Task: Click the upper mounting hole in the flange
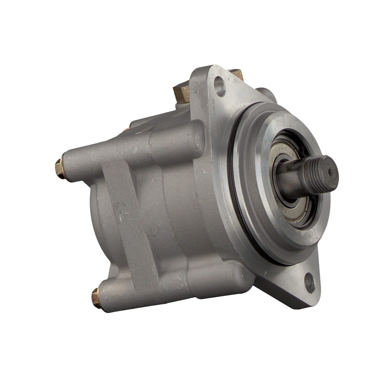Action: pos(220,88)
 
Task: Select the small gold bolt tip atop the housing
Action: pos(126,128)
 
